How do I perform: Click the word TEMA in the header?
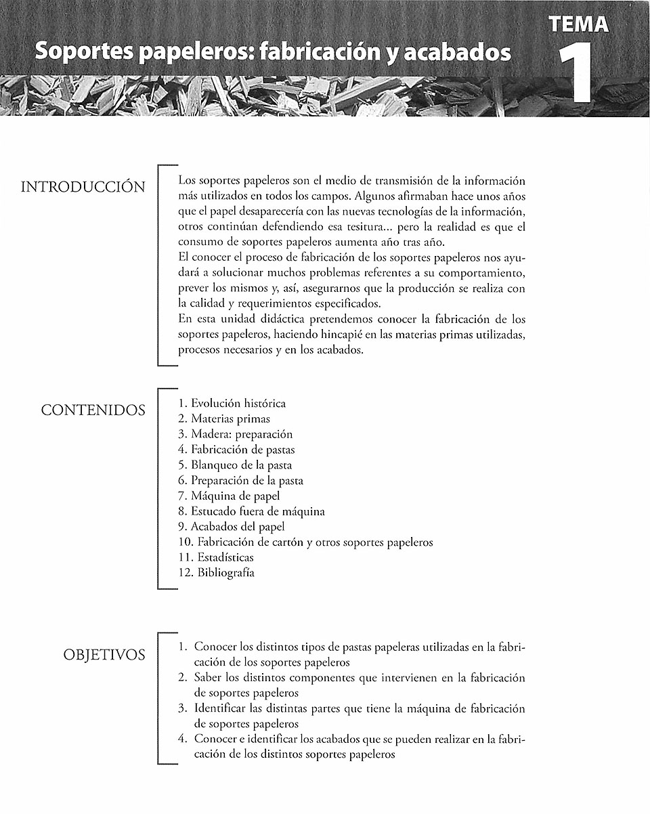(580, 24)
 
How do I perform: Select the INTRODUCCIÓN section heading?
(83, 187)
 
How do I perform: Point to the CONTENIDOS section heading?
(93, 410)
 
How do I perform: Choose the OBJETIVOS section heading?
(104, 655)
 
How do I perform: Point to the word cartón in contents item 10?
(286, 542)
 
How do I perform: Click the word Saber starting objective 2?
(209, 678)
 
